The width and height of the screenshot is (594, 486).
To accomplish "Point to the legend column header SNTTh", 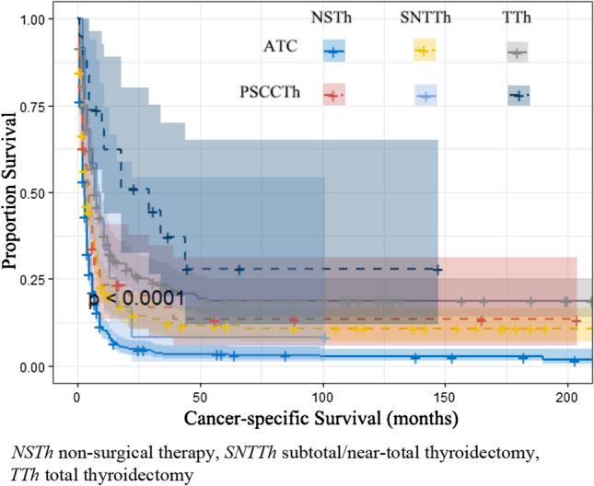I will pyautogui.click(x=424, y=18).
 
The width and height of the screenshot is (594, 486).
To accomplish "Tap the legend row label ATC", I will pyautogui.click(x=279, y=52).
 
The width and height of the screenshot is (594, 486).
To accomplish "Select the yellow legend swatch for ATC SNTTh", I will pyautogui.click(x=424, y=52).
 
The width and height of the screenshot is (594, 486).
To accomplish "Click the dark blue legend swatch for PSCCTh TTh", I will pyautogui.click(x=518, y=94).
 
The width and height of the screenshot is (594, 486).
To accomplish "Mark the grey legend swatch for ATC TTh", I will pyautogui.click(x=518, y=52).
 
